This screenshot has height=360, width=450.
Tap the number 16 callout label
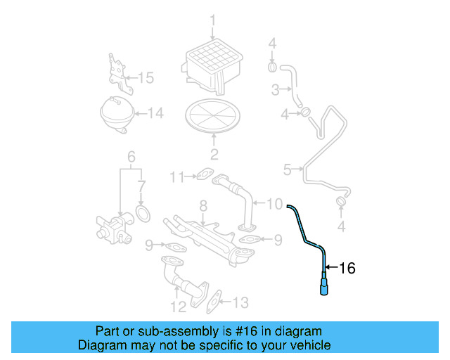tap(347, 268)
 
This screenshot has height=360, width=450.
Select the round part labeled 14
tap(117, 112)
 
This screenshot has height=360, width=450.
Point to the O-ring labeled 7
tap(143, 212)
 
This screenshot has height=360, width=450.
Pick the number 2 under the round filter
tap(214, 155)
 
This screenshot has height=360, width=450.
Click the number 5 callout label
tap(287, 169)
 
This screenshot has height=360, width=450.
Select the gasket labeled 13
tap(215, 301)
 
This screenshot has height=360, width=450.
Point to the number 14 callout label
tap(155, 112)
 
